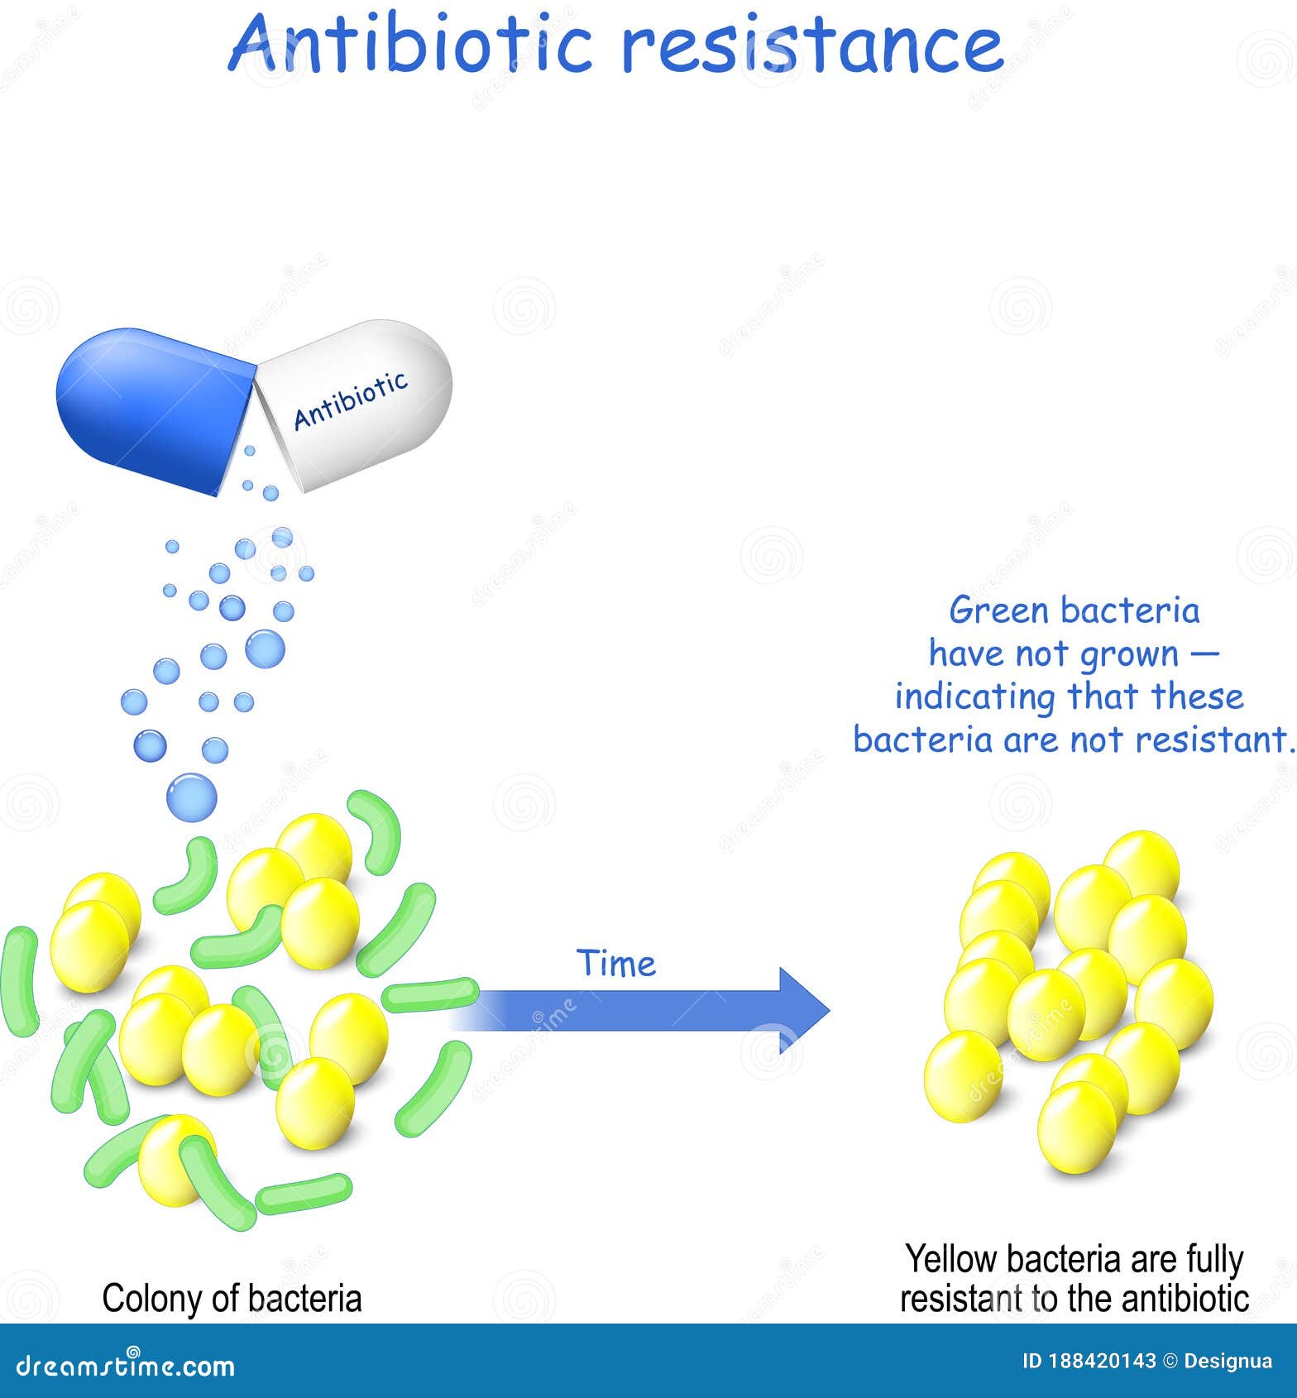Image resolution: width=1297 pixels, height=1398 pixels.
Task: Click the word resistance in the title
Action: tap(812, 45)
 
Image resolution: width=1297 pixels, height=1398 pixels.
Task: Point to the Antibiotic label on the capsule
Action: tap(351, 400)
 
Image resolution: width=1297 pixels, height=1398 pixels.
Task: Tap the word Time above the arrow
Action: tap(616, 964)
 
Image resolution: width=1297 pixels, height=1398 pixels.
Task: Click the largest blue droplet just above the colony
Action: tap(192, 797)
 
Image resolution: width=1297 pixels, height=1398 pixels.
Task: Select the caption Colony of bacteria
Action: tap(232, 1298)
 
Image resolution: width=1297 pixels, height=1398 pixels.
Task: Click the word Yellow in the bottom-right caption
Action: tap(950, 1259)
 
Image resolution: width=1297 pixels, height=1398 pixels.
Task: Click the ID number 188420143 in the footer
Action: tap(1089, 1361)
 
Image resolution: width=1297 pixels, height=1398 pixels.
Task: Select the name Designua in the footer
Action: tap(1228, 1361)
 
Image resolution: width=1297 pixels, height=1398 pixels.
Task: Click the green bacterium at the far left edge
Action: tap(20, 981)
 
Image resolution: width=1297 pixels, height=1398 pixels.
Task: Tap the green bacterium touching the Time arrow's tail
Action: tap(430, 994)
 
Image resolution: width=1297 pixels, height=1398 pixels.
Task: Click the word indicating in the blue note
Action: tap(976, 697)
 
